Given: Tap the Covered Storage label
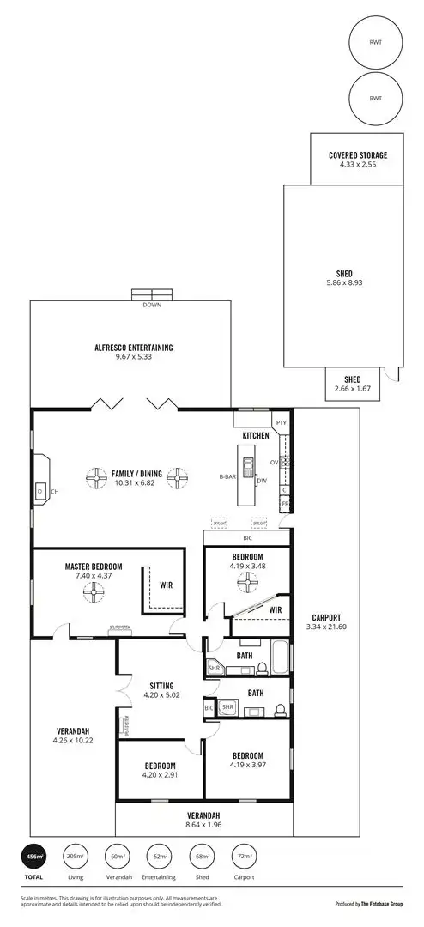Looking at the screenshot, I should pos(358,155).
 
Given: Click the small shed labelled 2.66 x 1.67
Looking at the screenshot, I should pos(352,384).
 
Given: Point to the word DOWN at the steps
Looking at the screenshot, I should pos(152,304).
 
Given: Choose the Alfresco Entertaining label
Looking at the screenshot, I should pos(134,348).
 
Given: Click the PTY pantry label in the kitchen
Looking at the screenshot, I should pos(282,422).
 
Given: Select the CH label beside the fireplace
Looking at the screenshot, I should pos(54,492).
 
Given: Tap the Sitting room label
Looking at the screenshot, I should pos(161,686).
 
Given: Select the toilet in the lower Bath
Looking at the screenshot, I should pos(279,710).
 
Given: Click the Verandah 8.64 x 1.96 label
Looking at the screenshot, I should pos(203,815).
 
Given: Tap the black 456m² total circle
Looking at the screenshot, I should pos(34,857).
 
